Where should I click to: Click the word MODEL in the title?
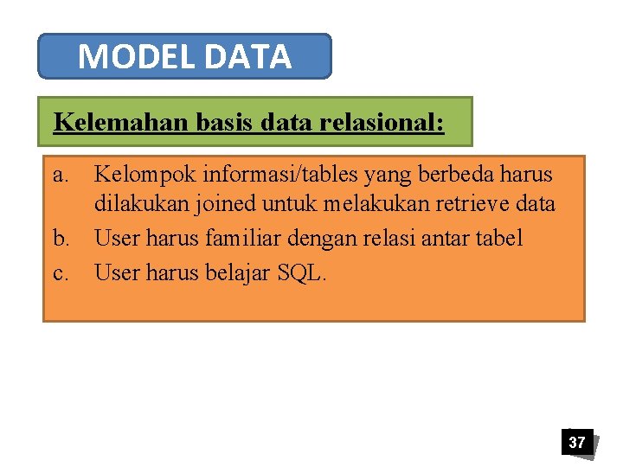(x=136, y=57)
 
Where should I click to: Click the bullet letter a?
(x=60, y=175)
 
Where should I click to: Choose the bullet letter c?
(x=60, y=273)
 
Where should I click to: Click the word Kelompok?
(x=145, y=176)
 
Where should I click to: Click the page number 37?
(x=576, y=442)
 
